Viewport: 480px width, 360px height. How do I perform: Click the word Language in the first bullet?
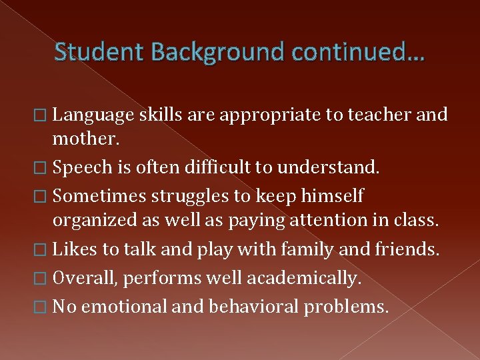tap(93, 115)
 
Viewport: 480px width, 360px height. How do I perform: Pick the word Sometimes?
tap(99, 196)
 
